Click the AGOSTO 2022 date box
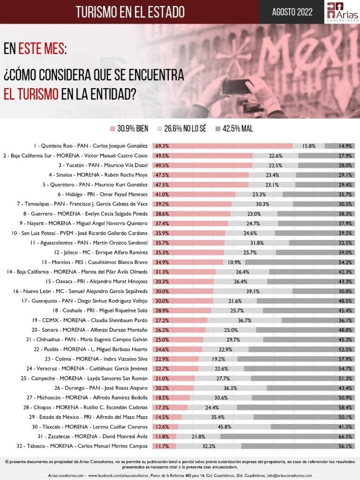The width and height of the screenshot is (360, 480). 292,12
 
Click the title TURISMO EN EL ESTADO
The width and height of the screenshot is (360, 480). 130,12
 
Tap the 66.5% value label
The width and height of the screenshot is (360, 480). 346,436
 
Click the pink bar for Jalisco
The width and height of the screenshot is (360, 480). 188,252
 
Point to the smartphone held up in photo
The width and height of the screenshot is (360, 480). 237,87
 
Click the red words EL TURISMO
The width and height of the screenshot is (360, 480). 31,94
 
